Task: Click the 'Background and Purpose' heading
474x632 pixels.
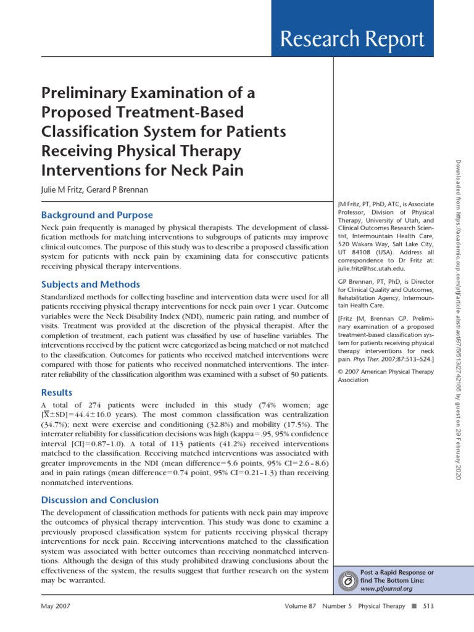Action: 97,215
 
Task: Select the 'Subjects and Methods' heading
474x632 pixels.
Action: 90,285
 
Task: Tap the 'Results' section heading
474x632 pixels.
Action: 57,392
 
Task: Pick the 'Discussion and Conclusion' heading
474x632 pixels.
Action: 99,500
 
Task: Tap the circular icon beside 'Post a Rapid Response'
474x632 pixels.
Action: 349,581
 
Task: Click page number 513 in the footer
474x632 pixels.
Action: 428,606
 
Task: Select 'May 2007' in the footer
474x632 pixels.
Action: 56,606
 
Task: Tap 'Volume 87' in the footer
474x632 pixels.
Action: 300,606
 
